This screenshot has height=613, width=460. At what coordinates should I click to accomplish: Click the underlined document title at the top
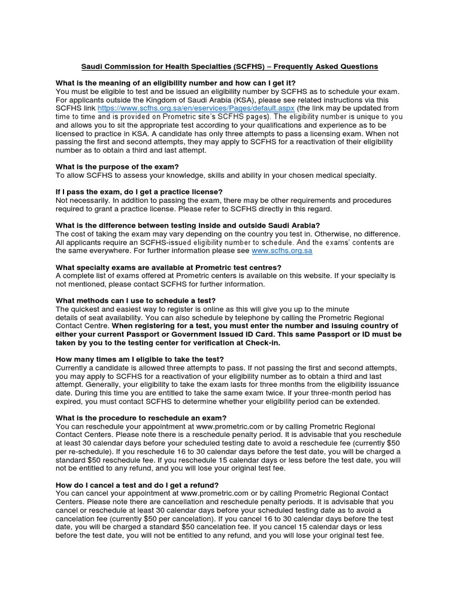(x=230, y=66)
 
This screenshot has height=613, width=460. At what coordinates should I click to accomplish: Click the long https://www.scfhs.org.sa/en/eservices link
(x=196, y=108)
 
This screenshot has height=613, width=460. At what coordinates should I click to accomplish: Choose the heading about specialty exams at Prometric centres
(x=168, y=267)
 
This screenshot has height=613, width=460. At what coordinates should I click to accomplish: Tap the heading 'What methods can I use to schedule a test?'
(x=135, y=300)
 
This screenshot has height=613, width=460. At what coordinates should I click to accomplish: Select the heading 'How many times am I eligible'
(x=140, y=359)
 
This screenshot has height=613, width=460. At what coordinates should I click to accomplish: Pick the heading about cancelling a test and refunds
(x=137, y=485)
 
